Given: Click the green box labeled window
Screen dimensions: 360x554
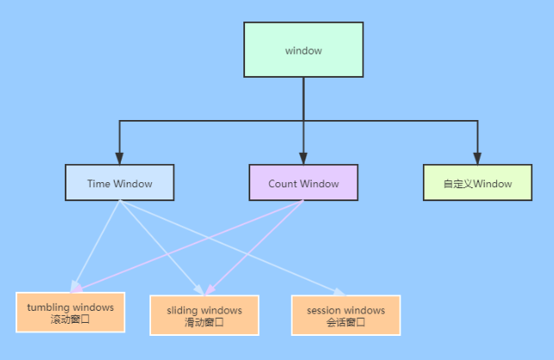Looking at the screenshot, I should pyautogui.click(x=303, y=50).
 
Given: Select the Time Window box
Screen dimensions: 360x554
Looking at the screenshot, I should pyautogui.click(x=120, y=183).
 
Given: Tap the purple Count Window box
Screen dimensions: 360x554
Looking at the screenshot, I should pyautogui.click(x=303, y=183).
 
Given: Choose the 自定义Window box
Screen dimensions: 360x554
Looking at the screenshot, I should pyautogui.click(x=477, y=183).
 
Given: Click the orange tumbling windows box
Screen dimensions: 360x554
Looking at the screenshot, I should pyautogui.click(x=71, y=313).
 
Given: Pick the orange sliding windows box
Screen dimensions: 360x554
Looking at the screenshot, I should pyautogui.click(x=204, y=315).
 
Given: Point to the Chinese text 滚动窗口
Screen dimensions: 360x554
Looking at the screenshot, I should pyautogui.click(x=71, y=319).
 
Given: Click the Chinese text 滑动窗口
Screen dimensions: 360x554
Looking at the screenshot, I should pyautogui.click(x=204, y=322).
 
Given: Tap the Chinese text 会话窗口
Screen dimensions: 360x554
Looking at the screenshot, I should pyautogui.click(x=346, y=322).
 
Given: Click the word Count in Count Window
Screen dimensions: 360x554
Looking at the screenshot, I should pyautogui.click(x=283, y=183).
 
